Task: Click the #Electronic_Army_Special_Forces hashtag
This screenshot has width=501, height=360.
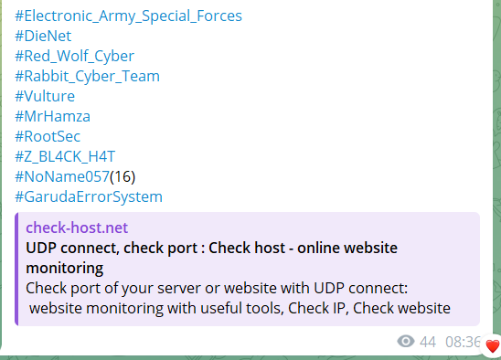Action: tap(128, 16)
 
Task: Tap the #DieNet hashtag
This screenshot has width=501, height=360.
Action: tap(43, 36)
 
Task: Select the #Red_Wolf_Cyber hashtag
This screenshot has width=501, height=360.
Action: tap(75, 57)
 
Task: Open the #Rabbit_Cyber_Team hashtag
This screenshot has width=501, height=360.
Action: tap(87, 77)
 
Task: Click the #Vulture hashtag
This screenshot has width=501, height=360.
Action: tap(45, 96)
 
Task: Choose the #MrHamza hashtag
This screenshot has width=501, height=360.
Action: tap(53, 116)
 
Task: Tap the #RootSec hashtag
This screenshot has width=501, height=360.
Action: tap(48, 136)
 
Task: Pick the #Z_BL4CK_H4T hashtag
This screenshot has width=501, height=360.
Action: tap(65, 156)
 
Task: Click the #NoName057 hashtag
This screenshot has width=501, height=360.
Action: tap(62, 176)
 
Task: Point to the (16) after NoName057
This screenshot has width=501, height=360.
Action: tap(123, 176)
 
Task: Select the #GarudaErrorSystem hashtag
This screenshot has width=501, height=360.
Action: tap(89, 196)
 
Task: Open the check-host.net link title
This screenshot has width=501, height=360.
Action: tap(77, 228)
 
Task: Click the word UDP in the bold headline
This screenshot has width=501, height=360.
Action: tap(41, 248)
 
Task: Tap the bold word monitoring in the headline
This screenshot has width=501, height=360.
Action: tap(65, 269)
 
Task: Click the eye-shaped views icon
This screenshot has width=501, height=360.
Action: tap(406, 342)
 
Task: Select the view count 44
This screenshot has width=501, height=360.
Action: tap(428, 342)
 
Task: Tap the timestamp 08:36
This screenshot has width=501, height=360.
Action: tap(463, 342)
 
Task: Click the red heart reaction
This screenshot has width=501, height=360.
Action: tap(493, 346)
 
